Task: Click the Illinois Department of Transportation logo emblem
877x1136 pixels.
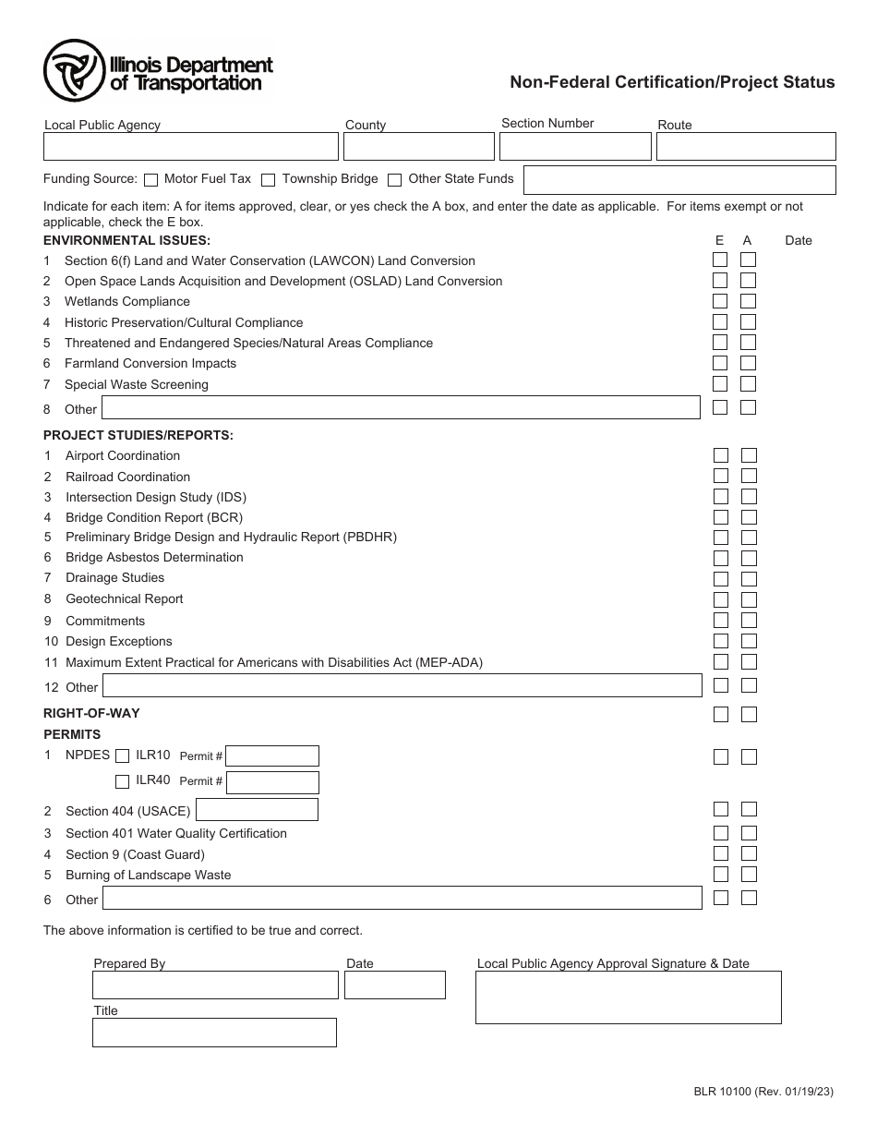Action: tap(75, 71)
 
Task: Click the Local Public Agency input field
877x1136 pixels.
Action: tap(191, 147)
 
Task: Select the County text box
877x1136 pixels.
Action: tap(419, 147)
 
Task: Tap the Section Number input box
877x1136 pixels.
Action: tap(575, 147)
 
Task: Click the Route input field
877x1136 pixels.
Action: tap(745, 147)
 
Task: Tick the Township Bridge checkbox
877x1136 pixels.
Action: tap(269, 180)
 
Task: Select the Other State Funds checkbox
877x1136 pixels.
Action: tap(395, 180)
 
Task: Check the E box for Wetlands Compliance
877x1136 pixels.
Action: tap(720, 301)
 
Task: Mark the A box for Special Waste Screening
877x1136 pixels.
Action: tap(749, 384)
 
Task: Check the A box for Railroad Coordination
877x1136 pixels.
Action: tap(749, 477)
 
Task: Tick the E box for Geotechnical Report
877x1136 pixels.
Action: tap(720, 599)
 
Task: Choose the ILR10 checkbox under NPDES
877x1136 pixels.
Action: tap(122, 756)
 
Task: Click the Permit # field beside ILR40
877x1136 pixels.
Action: tap(272, 782)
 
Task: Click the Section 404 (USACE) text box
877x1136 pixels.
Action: tap(257, 810)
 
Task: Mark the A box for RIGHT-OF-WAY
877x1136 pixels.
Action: tap(749, 714)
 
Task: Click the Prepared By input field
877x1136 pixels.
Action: tap(215, 985)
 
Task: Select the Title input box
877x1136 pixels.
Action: tap(214, 1033)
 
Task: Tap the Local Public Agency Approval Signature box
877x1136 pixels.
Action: tap(628, 997)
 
